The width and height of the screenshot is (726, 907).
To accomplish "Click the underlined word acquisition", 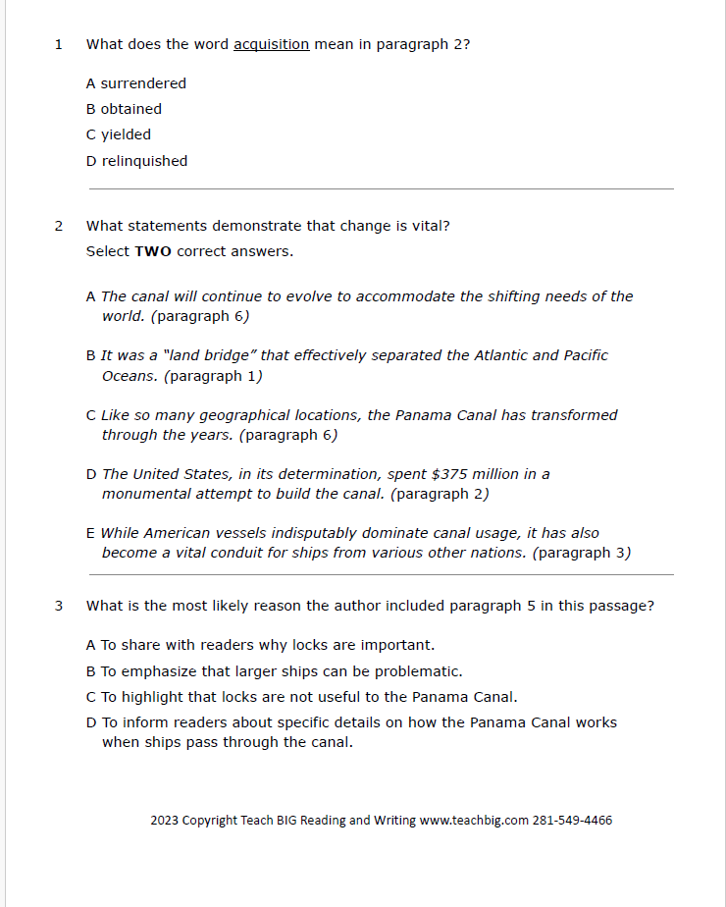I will (x=271, y=44).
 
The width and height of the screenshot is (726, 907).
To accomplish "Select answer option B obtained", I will (x=124, y=109).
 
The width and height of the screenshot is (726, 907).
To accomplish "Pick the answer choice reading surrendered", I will (x=136, y=83).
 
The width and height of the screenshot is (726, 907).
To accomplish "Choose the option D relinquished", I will (x=136, y=161).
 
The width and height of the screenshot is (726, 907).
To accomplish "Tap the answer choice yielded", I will (x=119, y=134).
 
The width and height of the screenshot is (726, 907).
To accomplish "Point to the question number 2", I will (x=58, y=226).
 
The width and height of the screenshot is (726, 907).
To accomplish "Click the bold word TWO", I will (x=152, y=251).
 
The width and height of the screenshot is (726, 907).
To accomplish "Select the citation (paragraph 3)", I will (x=581, y=553).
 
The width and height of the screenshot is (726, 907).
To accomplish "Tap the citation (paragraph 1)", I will (x=213, y=376).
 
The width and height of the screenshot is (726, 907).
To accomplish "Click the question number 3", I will (x=58, y=606).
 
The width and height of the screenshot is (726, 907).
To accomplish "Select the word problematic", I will (x=418, y=671).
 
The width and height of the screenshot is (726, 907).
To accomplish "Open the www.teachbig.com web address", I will (x=474, y=821).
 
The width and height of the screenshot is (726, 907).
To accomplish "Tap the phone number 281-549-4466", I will (x=572, y=821).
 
